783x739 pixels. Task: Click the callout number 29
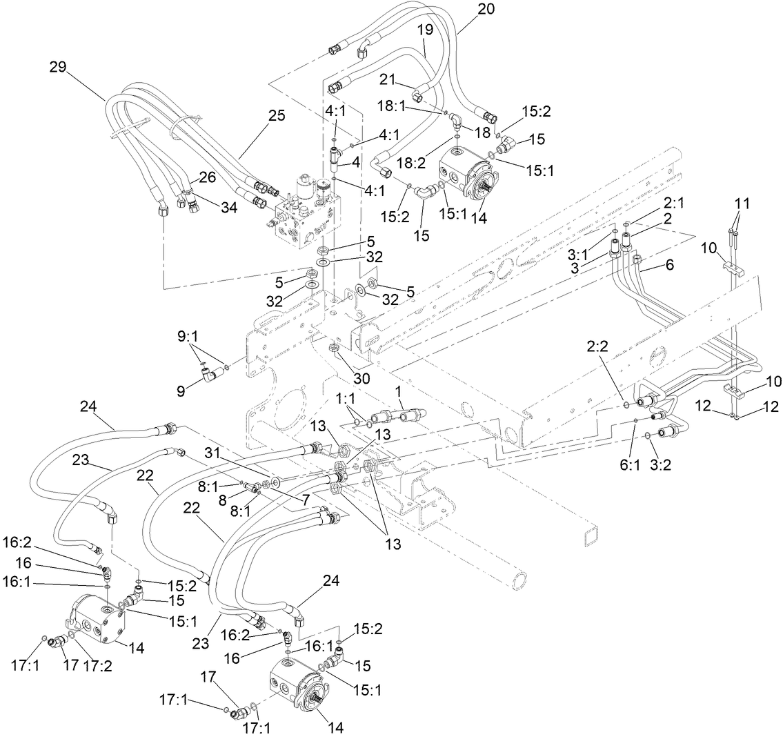59,67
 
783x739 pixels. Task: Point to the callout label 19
424,30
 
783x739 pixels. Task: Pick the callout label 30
361,377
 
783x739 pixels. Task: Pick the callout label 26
208,177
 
